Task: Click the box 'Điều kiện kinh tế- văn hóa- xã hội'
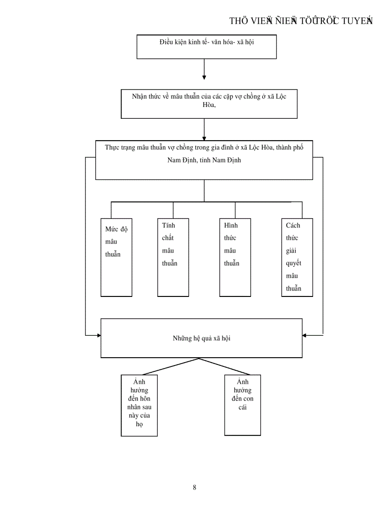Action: click(207, 47)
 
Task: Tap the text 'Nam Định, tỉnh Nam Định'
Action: click(204, 160)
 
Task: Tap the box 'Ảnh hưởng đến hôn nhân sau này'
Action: click(139, 405)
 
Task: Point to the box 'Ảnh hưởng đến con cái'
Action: click(242, 405)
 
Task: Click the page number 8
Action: click(195, 487)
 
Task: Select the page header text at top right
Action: click(300, 21)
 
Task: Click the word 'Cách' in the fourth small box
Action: click(293, 225)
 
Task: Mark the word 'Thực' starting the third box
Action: click(112, 148)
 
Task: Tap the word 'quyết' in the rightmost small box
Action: click(293, 263)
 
